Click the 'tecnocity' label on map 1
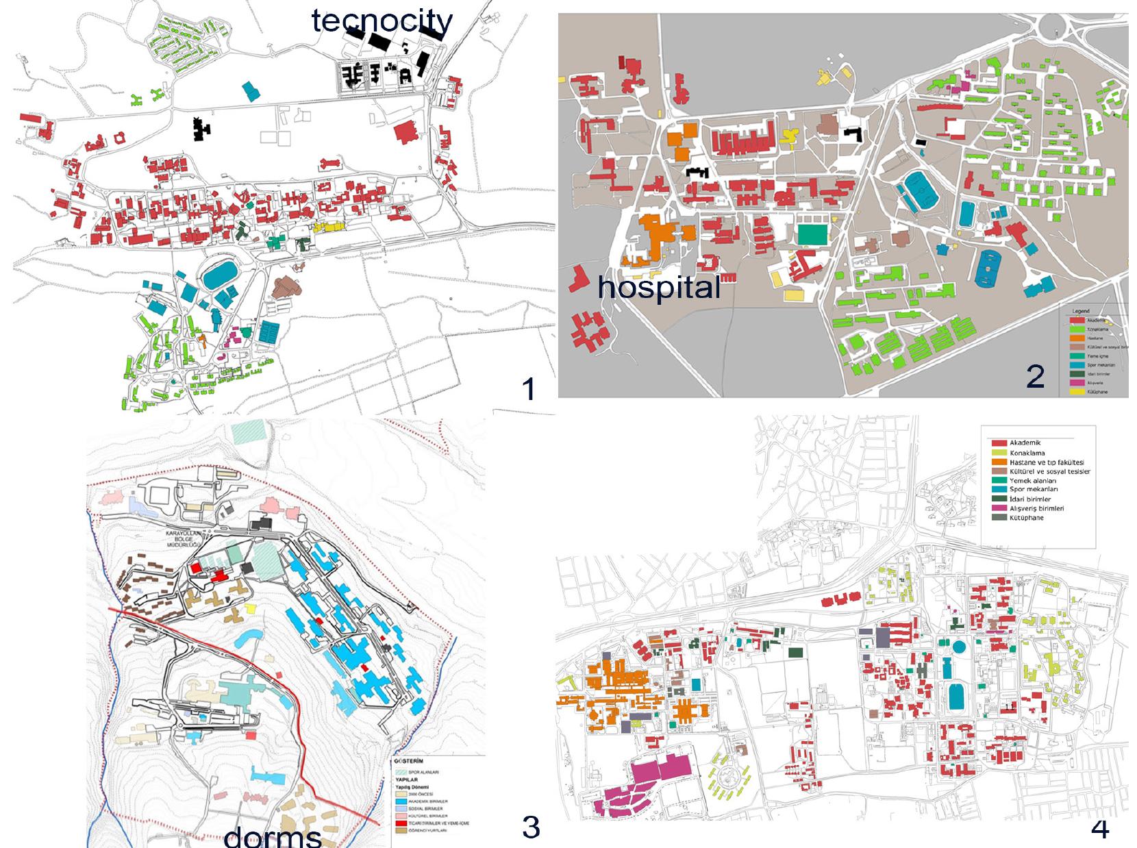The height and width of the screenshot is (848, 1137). [382, 21]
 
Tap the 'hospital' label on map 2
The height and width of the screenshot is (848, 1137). [659, 287]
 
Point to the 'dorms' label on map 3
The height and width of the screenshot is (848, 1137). [273, 836]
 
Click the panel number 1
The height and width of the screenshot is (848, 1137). [528, 389]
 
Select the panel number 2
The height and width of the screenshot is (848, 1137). [1035, 376]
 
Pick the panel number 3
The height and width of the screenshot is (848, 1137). [531, 827]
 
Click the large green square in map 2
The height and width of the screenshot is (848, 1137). [812, 234]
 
